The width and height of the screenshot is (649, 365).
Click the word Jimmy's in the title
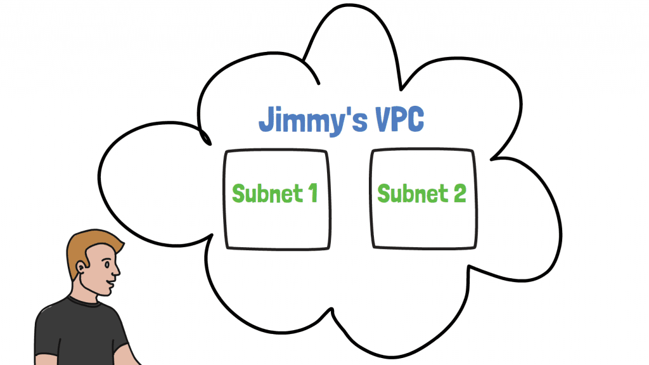pos(308,120)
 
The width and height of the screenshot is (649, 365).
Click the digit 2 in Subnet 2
pos(459,193)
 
